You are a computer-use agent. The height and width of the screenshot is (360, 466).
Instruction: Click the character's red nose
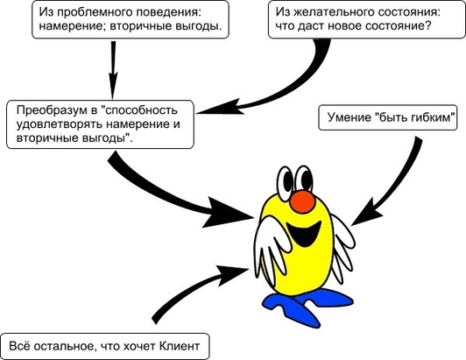[x=302, y=201]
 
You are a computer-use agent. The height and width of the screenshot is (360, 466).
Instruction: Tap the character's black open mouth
[x=303, y=233]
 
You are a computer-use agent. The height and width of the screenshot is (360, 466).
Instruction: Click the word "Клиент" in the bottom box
[x=180, y=346]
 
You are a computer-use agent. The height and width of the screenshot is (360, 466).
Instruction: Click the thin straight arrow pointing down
[x=113, y=70]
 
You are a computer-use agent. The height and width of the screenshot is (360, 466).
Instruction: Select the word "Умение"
[x=349, y=117]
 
